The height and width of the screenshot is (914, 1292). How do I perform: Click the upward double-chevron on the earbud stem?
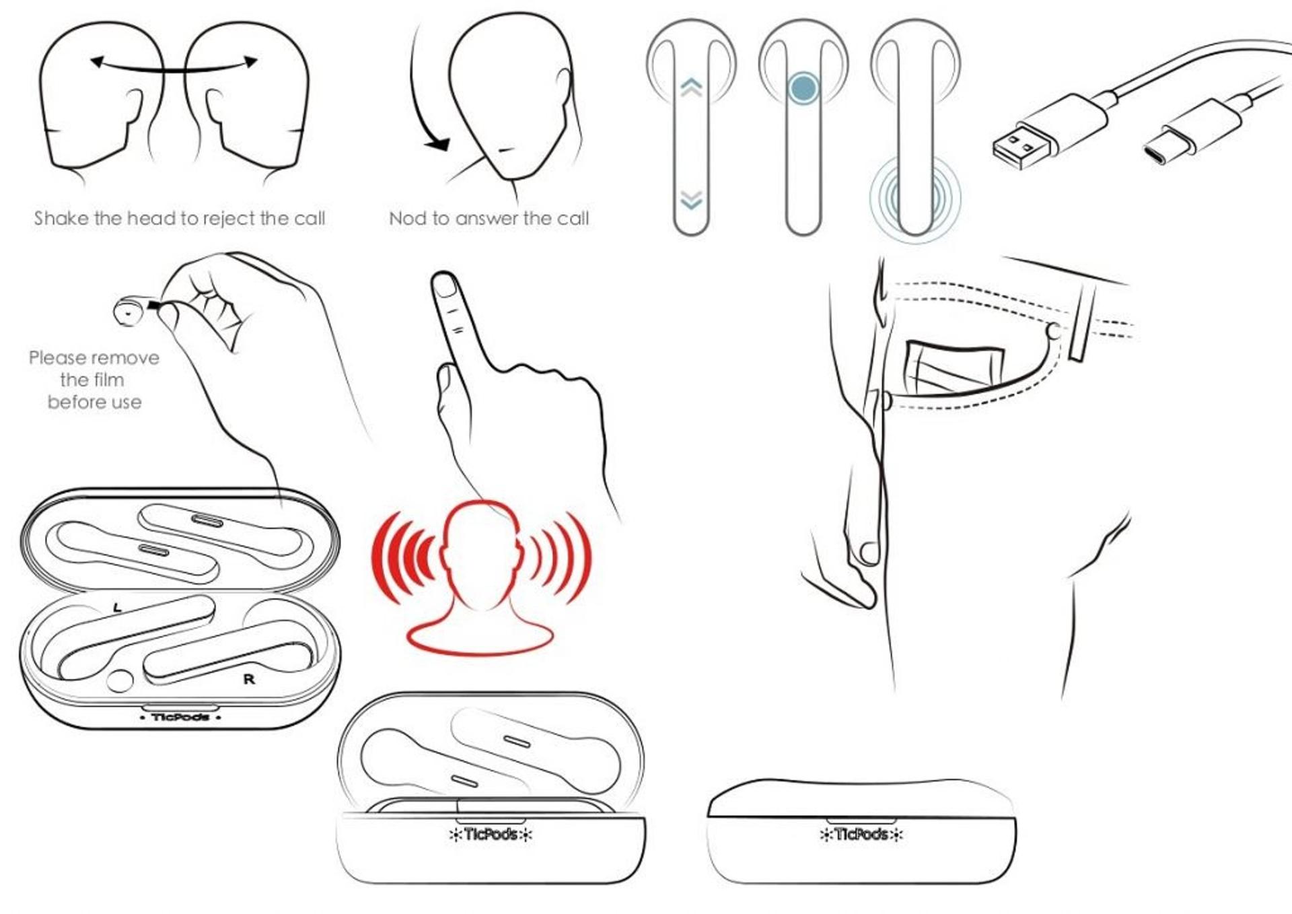point(691,87)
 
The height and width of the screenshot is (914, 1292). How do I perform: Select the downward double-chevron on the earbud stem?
point(691,199)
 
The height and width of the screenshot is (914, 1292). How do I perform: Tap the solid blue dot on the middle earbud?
point(803,88)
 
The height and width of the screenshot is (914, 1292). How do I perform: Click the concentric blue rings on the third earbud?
point(914,199)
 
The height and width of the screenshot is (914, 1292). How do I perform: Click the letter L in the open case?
point(117,608)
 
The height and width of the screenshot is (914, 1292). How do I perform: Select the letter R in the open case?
point(249,679)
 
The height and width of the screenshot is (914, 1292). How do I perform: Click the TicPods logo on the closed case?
point(861,835)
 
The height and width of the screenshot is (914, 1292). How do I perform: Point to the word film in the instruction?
point(108,380)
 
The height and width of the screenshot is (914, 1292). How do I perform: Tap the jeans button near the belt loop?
point(1054,330)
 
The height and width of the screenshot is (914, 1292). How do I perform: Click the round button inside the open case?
point(120,681)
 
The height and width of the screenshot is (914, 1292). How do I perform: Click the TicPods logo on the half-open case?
point(491,835)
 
